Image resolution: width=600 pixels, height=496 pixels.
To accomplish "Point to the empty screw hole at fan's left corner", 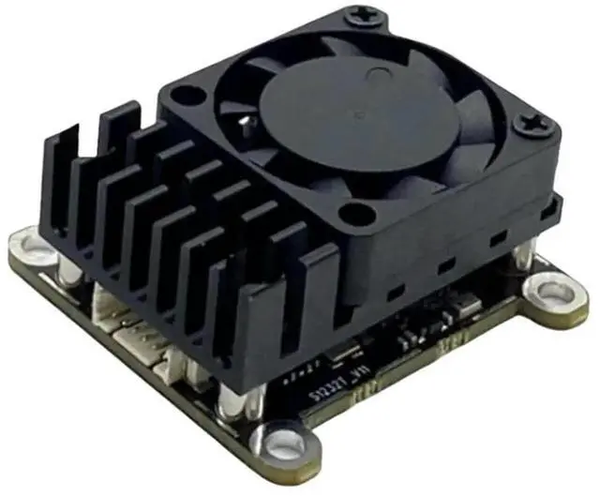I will pos(190,95).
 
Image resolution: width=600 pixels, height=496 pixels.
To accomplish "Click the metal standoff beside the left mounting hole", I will pos(68,272).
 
